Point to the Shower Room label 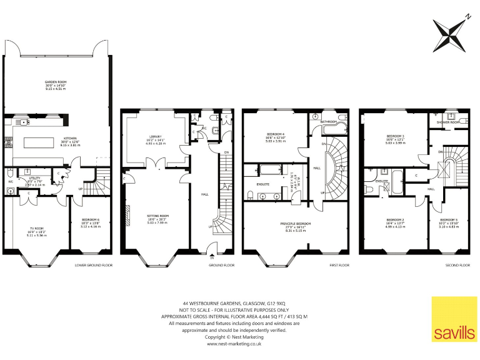(x=447, y=122)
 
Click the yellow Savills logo (x=454, y=319)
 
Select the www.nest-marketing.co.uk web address (x=234, y=343)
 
